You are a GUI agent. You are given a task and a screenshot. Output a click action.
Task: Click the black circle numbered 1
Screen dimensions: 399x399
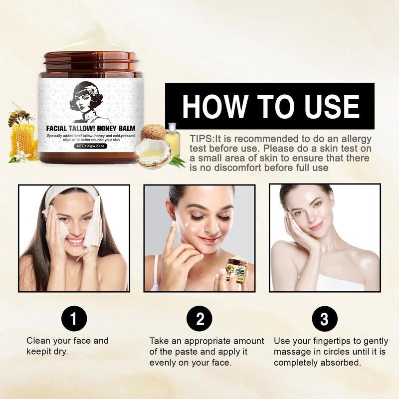click(74, 318)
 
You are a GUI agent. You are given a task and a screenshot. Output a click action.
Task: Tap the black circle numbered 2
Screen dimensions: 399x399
click(199, 318)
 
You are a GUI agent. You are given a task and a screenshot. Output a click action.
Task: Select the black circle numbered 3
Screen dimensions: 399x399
click(325, 318)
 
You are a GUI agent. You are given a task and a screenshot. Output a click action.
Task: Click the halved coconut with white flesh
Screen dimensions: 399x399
click(153, 154)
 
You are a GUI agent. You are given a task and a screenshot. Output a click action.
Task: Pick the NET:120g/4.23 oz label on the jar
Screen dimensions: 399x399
click(91, 146)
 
